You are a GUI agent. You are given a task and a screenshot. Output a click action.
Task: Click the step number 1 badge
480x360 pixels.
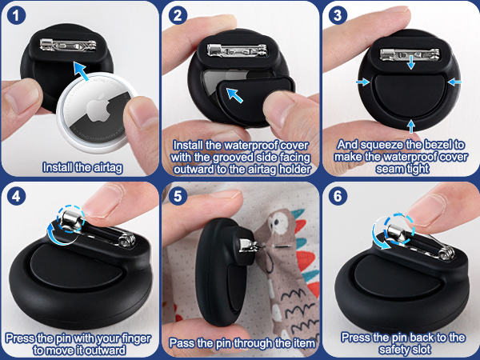[16, 16]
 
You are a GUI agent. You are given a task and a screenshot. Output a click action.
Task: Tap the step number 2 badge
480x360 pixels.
[178, 15]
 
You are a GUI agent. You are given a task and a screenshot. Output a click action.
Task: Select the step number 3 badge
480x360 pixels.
[338, 15]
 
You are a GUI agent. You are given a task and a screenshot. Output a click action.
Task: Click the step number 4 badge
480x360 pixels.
[16, 196]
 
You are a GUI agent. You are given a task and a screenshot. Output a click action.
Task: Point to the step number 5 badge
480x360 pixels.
[178, 196]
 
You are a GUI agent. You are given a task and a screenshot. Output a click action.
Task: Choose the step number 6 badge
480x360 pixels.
[338, 196]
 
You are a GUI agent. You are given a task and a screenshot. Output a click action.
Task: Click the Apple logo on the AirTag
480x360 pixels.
[98, 110]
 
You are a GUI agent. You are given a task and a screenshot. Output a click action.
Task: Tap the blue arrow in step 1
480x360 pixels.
[82, 71]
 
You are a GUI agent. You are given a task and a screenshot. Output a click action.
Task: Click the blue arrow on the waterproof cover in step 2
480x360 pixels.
[234, 95]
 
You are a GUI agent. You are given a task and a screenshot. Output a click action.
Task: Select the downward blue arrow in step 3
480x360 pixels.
[411, 62]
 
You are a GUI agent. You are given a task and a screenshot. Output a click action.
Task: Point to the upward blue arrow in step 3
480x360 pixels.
[411, 126]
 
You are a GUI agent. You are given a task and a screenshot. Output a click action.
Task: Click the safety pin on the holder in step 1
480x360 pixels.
[68, 46]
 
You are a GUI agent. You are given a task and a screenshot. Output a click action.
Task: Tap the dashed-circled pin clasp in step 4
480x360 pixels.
[72, 219]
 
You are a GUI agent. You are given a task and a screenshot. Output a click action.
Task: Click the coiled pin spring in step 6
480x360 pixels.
[447, 253]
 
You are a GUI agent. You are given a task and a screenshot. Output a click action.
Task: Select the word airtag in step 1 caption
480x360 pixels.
[108, 168]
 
